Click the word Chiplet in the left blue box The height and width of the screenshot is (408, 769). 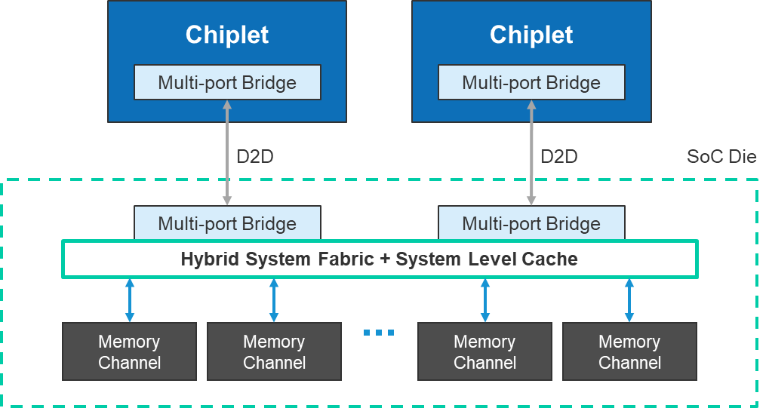click(x=227, y=35)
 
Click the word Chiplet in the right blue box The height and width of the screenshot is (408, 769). click(x=531, y=35)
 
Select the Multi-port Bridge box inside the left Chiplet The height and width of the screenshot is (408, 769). click(x=227, y=83)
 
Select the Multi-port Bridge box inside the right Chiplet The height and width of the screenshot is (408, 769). click(x=531, y=83)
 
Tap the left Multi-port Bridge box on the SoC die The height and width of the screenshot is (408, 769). click(x=227, y=224)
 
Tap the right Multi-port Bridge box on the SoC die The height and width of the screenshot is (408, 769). click(x=531, y=224)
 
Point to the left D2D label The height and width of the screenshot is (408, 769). click(x=254, y=157)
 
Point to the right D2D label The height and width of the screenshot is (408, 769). click(x=558, y=157)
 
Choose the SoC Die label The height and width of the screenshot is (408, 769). click(x=721, y=158)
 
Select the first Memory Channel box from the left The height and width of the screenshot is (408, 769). click(x=129, y=352)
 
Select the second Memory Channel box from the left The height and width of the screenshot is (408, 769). click(x=274, y=352)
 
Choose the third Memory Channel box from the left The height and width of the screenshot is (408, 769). click(x=484, y=352)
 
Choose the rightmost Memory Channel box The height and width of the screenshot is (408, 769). click(x=629, y=352)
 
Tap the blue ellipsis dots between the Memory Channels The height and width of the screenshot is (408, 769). click(x=379, y=332)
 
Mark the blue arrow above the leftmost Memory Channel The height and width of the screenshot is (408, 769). click(x=130, y=300)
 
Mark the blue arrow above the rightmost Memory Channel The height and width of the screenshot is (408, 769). click(x=629, y=300)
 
